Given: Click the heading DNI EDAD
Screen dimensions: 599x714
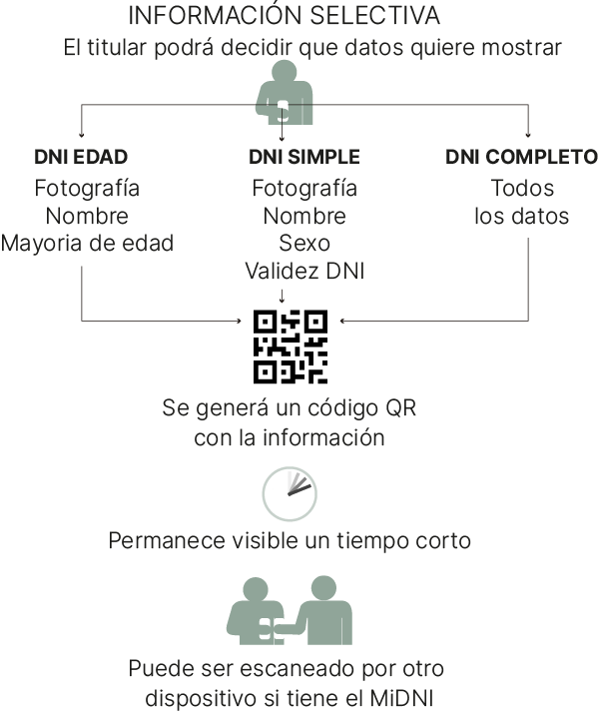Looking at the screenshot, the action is pos(81,157).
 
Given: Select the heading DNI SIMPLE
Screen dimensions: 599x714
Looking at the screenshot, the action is pos(304,157).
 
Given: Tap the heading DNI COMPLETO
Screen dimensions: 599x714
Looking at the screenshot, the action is pos(521,157).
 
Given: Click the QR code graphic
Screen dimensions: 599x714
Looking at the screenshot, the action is pos(291,347).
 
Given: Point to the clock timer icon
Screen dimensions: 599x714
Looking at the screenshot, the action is pos(290,493).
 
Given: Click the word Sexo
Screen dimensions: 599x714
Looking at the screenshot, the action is pos(304,244).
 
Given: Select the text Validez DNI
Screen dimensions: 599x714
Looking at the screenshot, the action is pos(304,271).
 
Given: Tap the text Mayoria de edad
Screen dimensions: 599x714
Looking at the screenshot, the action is pos(87,244).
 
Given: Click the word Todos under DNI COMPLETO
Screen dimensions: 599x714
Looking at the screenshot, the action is pos(522,188).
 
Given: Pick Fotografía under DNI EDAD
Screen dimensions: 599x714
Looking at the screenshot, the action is pos(87,188).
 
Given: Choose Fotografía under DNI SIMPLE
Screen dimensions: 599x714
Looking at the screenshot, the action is pos(304,188).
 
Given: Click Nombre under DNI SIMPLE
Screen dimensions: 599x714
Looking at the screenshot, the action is pos(304,216).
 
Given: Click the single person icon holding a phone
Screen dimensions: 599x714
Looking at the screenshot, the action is pos(285,93).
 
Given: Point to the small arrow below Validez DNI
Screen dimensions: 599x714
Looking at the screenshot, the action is pos(282,296).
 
